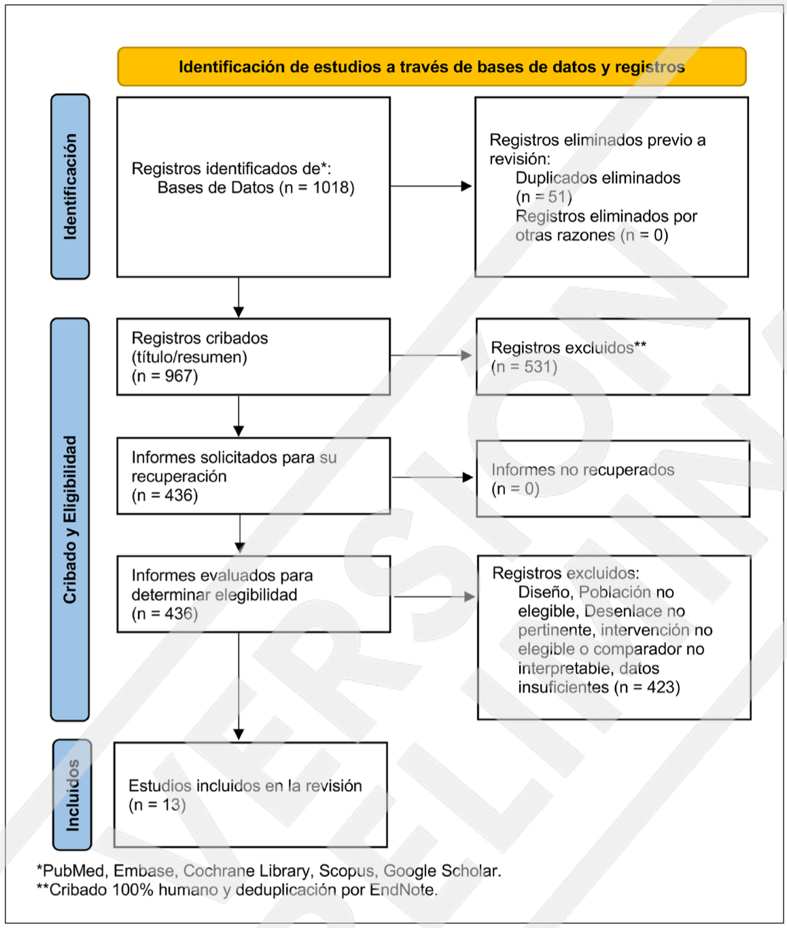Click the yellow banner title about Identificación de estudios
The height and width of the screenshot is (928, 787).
pyautogui.click(x=432, y=67)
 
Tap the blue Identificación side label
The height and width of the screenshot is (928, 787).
pyautogui.click(x=70, y=186)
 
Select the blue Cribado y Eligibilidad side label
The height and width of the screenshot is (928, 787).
pyautogui.click(x=70, y=520)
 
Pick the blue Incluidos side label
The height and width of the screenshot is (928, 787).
pyautogui.click(x=72, y=795)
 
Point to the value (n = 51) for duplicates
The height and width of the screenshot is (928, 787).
pyautogui.click(x=544, y=196)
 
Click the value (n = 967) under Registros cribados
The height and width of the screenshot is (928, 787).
pyautogui.click(x=164, y=376)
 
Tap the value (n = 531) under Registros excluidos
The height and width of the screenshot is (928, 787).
pyautogui.click(x=524, y=367)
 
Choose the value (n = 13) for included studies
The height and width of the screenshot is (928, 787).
pyautogui.click(x=157, y=804)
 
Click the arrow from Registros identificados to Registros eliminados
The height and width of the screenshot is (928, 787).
pyautogui.click(x=431, y=186)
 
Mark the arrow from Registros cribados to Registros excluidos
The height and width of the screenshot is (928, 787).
pyautogui.click(x=431, y=355)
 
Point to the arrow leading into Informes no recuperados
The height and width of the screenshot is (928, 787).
pyautogui.click(x=433, y=477)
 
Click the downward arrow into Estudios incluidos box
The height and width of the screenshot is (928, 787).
pyautogui.click(x=239, y=686)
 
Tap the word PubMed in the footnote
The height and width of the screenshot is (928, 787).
pyautogui.click(x=73, y=871)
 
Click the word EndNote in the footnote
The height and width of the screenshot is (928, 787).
pyautogui.click(x=403, y=890)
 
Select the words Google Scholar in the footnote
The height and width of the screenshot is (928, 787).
pyautogui.click(x=442, y=871)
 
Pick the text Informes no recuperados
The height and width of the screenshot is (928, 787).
pyautogui.click(x=582, y=469)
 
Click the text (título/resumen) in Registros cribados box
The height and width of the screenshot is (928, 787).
pyautogui.click(x=189, y=357)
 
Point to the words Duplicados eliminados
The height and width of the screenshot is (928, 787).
pyautogui.click(x=598, y=178)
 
